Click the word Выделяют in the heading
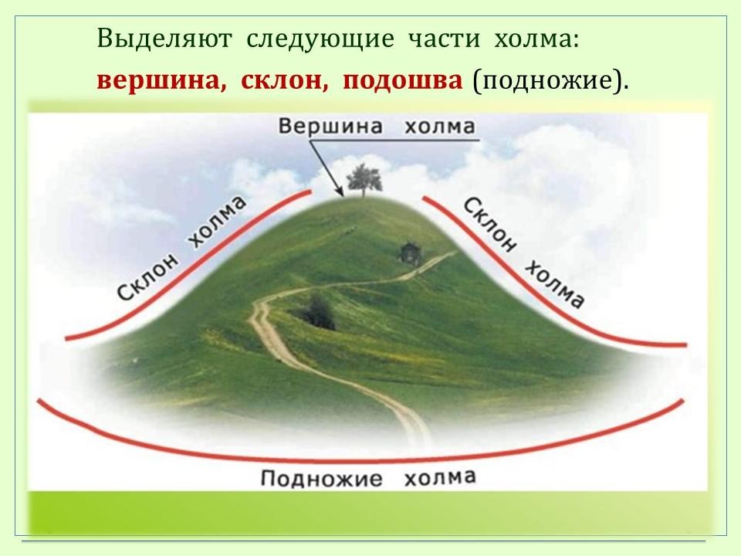point(164,39)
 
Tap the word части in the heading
point(444,39)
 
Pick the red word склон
point(284,81)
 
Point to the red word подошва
point(402,81)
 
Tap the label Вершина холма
point(376,127)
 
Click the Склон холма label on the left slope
point(182,248)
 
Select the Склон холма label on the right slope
point(523,253)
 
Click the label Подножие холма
point(368,477)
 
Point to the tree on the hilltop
point(364,181)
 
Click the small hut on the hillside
point(408,253)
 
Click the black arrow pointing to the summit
point(326,168)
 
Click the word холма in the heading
point(536,39)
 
